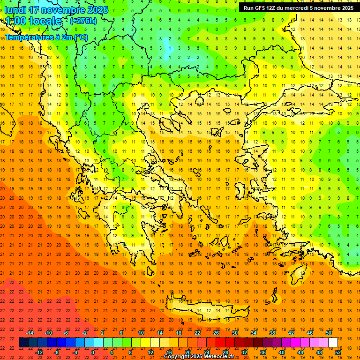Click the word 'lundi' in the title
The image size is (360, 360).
15,10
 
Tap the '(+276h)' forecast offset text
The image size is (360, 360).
83,21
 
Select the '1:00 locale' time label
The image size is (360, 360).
33,21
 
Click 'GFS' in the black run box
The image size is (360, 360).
259,8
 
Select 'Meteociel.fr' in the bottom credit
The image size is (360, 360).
218,357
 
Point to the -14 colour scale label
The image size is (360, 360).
30,333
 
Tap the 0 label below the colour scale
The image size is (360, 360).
93,352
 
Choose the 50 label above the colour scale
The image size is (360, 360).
328,333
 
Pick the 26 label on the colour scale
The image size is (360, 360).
216,333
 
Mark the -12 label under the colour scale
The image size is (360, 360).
39,352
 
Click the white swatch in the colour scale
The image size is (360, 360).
333,343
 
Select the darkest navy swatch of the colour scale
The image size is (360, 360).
23,343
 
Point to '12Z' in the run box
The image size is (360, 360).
272,8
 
